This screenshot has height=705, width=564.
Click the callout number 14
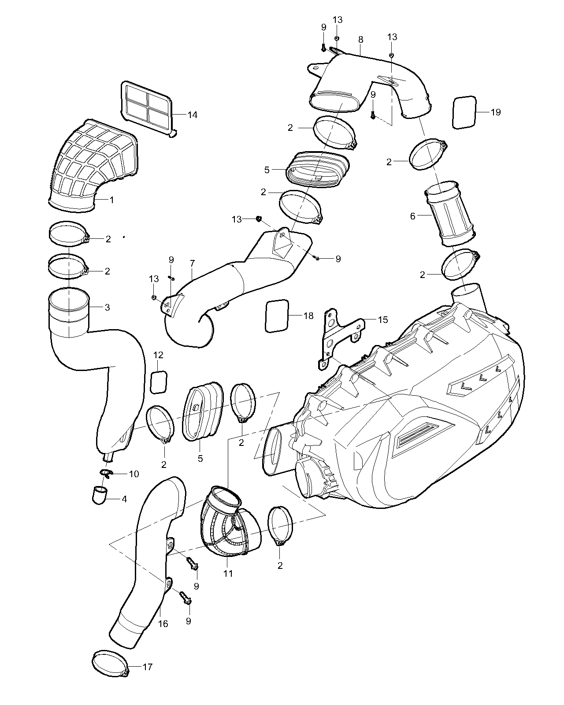(192, 115)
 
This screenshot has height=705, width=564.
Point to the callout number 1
(111, 200)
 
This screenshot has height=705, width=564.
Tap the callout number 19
(496, 112)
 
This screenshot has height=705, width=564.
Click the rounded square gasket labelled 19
(464, 112)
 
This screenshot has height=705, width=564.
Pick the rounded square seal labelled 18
(277, 315)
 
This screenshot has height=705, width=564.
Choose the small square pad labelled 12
(159, 382)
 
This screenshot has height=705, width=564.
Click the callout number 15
(383, 319)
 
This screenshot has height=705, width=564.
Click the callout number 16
(163, 623)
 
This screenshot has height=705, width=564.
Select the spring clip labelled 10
(106, 473)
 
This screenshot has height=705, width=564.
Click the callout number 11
(228, 574)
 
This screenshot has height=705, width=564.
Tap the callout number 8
(361, 39)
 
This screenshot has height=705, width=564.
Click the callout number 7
(192, 263)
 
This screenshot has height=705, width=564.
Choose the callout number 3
(107, 307)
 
